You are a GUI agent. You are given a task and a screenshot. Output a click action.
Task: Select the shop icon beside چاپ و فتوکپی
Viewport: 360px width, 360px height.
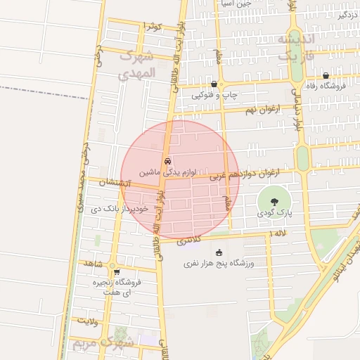point(214,84)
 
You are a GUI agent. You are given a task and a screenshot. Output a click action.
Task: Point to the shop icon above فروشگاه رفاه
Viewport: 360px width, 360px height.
point(326,75)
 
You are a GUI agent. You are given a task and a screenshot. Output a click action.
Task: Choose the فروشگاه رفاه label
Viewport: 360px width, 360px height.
point(326,86)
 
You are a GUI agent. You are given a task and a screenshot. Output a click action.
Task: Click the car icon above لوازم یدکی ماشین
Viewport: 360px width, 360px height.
point(167,161)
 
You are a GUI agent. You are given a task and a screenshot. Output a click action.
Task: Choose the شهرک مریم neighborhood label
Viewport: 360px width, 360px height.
point(103,342)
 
